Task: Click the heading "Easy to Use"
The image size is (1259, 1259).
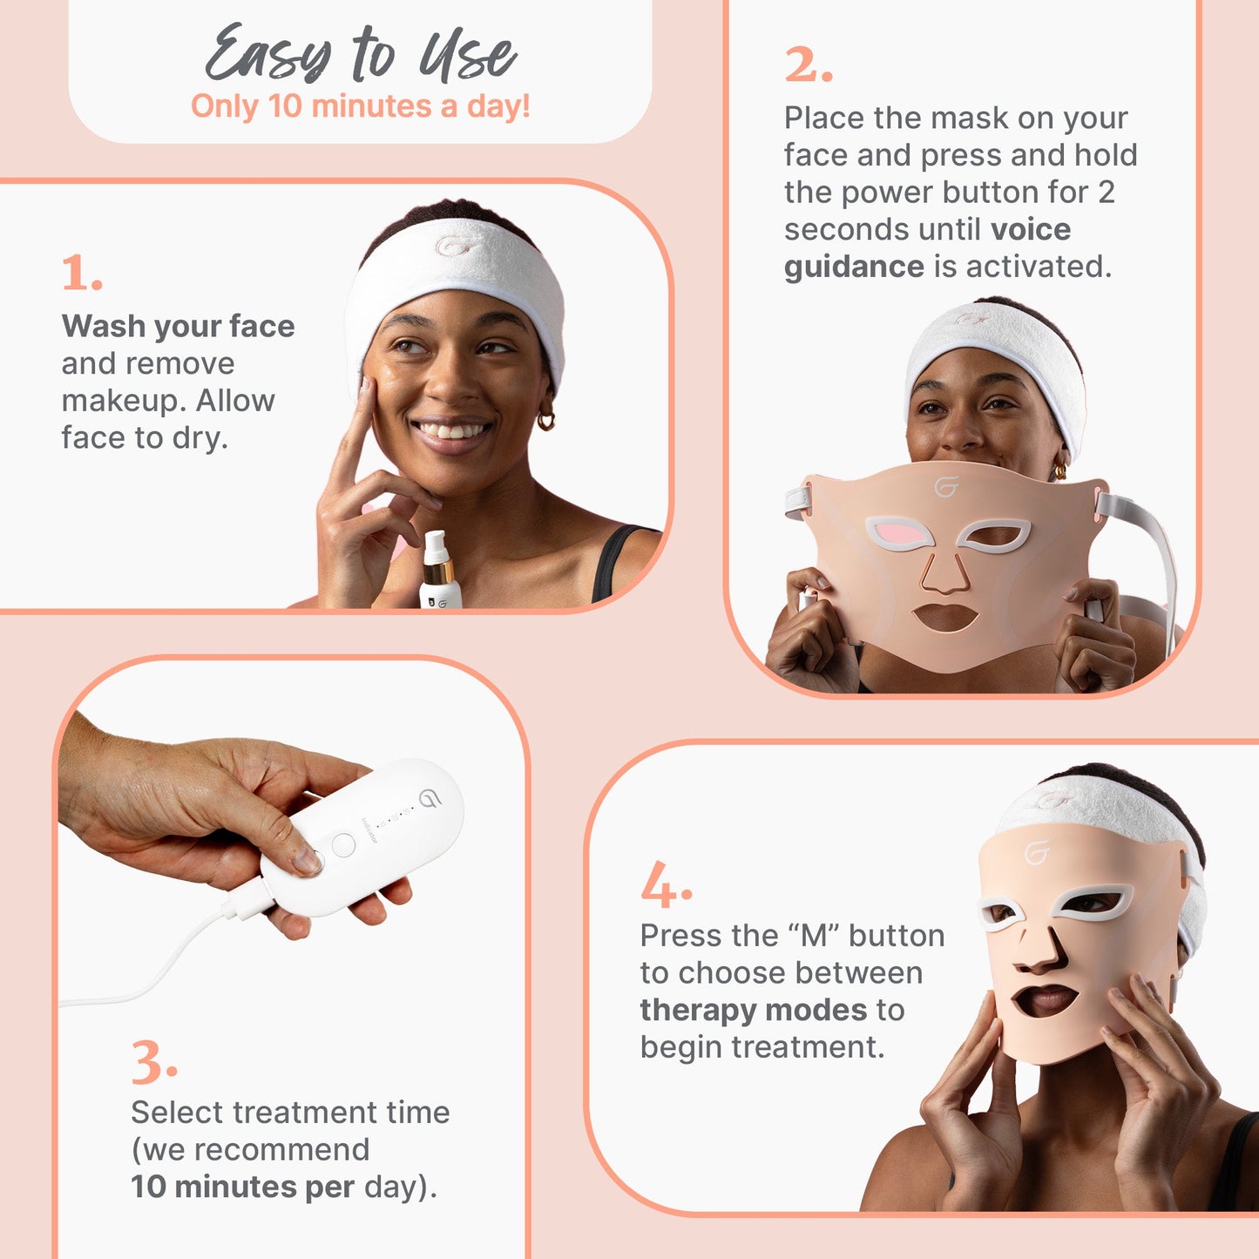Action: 361,54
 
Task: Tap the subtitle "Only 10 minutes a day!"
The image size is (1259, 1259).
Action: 361,106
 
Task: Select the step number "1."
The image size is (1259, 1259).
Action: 83,274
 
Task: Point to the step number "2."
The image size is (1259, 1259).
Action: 809,65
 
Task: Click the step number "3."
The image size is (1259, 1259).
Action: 154,1064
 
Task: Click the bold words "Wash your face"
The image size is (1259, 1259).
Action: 179,326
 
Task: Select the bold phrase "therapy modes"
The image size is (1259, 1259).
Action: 754,1010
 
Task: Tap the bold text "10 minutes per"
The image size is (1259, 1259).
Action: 242,1187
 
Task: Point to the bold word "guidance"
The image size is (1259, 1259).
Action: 854,267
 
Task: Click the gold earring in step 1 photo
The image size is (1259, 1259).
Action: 546,422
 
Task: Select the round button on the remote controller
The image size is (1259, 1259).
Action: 343,844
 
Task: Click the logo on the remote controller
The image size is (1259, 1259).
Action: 430,798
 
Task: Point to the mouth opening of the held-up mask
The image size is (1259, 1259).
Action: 945,617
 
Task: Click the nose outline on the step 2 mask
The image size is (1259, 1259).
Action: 944,574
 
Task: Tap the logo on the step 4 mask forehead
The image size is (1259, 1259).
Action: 1037,852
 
